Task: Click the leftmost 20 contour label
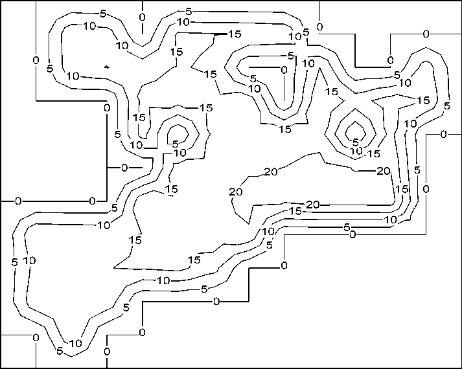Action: [235, 192]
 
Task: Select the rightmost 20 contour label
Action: [383, 171]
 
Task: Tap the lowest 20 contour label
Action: [313, 205]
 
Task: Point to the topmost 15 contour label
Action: [234, 34]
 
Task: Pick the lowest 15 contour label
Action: [194, 260]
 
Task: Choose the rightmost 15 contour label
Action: [424, 100]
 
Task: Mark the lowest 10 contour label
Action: [76, 343]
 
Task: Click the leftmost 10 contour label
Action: [29, 260]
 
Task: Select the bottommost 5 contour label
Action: [60, 352]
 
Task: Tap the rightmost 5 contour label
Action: [446, 106]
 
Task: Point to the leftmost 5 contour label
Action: [14, 262]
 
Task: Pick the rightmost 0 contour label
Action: [444, 135]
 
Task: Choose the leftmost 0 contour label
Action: [18, 201]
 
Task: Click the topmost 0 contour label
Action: [142, 16]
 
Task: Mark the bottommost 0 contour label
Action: [106, 352]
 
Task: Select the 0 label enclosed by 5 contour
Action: [284, 69]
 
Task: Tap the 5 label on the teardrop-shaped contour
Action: [355, 141]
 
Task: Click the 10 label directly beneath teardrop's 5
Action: [356, 151]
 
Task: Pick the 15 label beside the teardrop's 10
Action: [373, 153]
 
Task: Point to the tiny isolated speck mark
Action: [107, 67]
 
